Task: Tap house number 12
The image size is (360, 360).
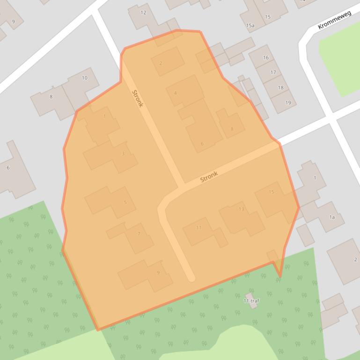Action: tap(143, 13)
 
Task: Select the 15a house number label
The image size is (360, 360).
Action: tap(250, 26)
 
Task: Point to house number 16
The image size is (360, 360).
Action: tap(266, 58)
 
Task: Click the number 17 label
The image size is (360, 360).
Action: tap(273, 72)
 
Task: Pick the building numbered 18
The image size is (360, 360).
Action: tap(280, 87)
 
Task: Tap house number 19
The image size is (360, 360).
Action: tap(288, 102)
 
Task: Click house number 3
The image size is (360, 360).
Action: tap(123, 153)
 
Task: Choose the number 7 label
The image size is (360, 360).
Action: tap(139, 234)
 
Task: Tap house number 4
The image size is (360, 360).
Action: tap(176, 93)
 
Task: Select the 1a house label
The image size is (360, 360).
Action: tap(332, 217)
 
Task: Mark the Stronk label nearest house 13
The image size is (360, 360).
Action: tap(209, 176)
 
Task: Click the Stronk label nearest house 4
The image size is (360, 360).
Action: tap(137, 99)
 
